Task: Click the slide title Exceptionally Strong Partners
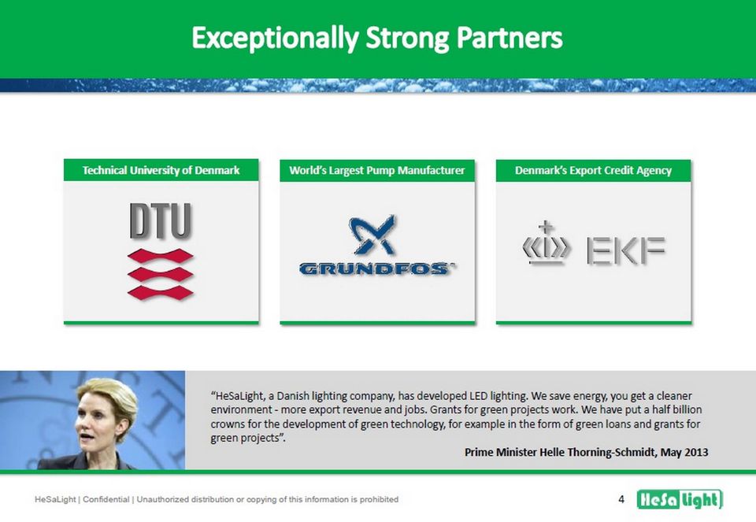click(377, 38)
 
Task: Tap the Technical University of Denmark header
click(161, 170)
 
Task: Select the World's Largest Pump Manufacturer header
click(377, 170)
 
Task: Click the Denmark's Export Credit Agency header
click(593, 170)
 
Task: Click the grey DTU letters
click(161, 220)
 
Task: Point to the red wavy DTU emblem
click(161, 274)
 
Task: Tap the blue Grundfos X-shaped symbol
click(372, 235)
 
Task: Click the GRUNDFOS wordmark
click(376, 268)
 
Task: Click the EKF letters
click(626, 250)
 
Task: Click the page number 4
click(621, 499)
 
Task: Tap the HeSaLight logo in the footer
click(680, 499)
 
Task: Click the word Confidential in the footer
click(106, 499)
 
